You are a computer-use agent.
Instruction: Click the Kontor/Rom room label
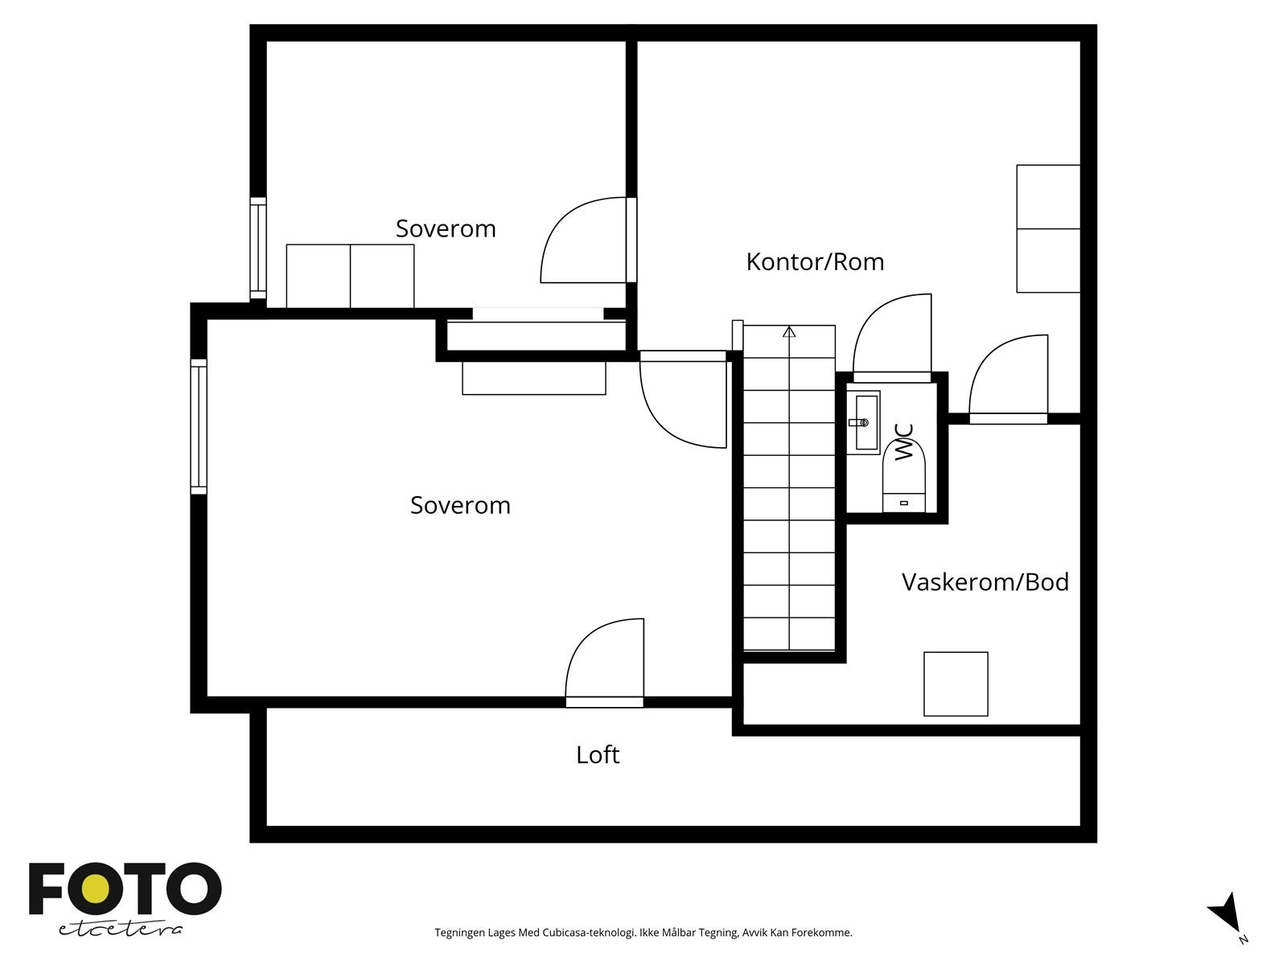coord(815,262)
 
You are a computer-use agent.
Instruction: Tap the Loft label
coord(598,755)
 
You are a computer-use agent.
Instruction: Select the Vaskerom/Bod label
coord(985,582)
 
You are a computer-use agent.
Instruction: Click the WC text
coord(905,442)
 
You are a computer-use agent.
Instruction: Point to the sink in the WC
coord(864,422)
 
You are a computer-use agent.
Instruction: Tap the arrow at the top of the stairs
coord(789,331)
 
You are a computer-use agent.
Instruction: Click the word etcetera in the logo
coord(121,930)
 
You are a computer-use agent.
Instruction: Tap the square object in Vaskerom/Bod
coord(956,684)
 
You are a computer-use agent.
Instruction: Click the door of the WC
coord(891,338)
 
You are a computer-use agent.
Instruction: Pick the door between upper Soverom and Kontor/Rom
coord(586,241)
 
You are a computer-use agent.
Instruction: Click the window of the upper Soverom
coord(257,248)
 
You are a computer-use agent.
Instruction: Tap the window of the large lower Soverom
coord(199,426)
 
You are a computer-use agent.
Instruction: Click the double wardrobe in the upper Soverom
coord(350,276)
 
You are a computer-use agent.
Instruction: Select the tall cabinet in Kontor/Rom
coord(1048,228)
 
